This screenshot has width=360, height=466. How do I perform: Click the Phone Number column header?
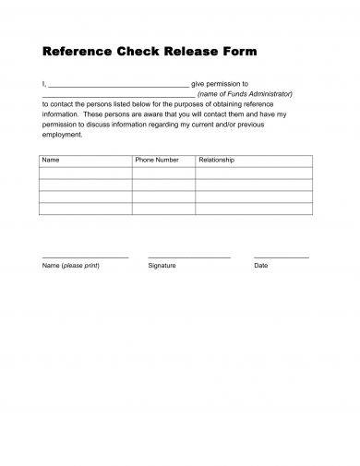click(157, 161)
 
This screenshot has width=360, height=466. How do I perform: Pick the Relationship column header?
click(217, 161)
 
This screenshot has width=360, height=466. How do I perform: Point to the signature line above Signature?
click(188, 257)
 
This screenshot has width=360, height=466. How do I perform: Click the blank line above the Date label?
click(281, 257)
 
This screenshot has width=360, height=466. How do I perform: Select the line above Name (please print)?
click(85, 257)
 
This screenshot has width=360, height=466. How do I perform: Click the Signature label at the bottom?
click(162, 266)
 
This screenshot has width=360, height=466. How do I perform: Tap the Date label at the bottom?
click(260, 266)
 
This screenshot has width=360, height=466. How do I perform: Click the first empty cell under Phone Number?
click(163, 173)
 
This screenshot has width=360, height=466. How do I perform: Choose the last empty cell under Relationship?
click(254, 209)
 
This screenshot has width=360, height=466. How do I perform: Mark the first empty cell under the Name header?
click(86, 173)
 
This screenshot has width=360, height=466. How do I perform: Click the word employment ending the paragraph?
click(62, 134)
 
